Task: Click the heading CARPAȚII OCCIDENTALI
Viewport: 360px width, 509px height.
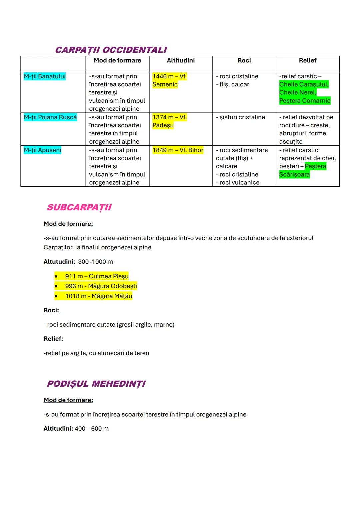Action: pos(111,50)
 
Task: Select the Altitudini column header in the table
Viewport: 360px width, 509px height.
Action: pos(181,60)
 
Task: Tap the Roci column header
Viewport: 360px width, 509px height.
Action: pos(244,60)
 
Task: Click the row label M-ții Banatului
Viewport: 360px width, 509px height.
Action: pos(45,76)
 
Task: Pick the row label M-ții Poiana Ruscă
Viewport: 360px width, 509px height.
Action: pos(50,117)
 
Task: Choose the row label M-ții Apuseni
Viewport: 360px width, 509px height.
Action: pos(43,150)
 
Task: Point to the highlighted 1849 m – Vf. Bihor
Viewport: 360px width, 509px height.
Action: pos(178,150)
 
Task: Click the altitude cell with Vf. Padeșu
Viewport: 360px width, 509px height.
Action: pos(169,121)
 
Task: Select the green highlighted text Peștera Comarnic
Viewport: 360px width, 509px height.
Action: pos(305,101)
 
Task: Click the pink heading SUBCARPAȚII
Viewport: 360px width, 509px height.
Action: pos(79,207)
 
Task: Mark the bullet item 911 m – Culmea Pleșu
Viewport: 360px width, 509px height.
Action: pos(97,276)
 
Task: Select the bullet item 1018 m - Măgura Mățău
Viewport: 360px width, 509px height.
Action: pos(99,296)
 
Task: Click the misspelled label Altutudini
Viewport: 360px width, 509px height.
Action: pos(58,262)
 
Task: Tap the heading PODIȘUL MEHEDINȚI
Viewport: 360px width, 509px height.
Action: pos(96,384)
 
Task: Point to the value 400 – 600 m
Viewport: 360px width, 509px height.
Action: pos(92,429)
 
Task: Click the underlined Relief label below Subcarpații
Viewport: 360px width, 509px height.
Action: pos(53,339)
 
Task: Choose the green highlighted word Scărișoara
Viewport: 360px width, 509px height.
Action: pos(294,174)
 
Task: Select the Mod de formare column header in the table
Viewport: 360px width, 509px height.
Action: pos(117,60)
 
